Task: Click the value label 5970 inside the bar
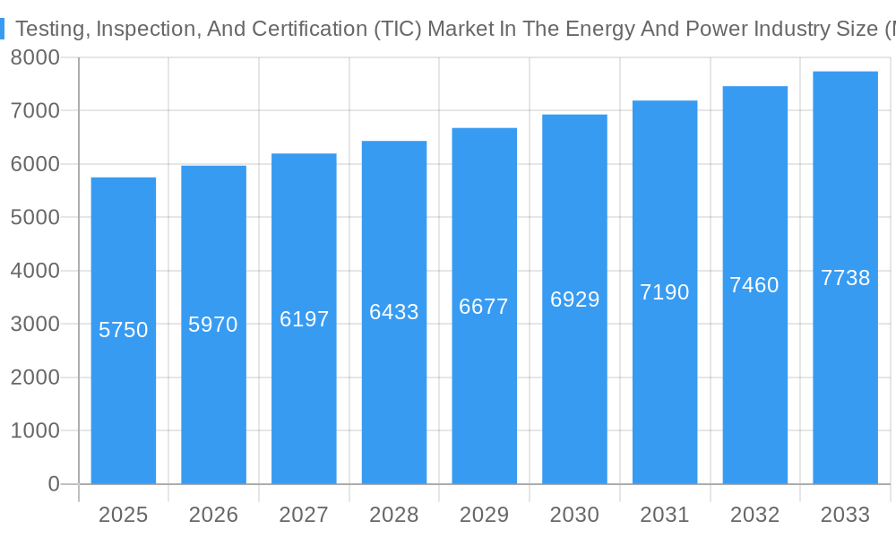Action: [213, 325]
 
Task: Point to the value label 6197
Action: [304, 319]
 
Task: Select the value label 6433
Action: [394, 312]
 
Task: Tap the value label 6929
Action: [574, 299]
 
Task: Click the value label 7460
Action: [754, 285]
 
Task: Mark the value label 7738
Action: [845, 278]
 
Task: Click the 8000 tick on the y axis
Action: [35, 57]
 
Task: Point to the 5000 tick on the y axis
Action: [35, 218]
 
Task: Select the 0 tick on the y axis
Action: [54, 484]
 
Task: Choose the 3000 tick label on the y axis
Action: [35, 325]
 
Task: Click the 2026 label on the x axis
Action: [213, 515]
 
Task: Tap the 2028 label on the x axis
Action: [394, 515]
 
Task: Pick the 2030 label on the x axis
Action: [574, 515]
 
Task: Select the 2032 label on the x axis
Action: [754, 515]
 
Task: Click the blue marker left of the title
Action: [3, 29]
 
